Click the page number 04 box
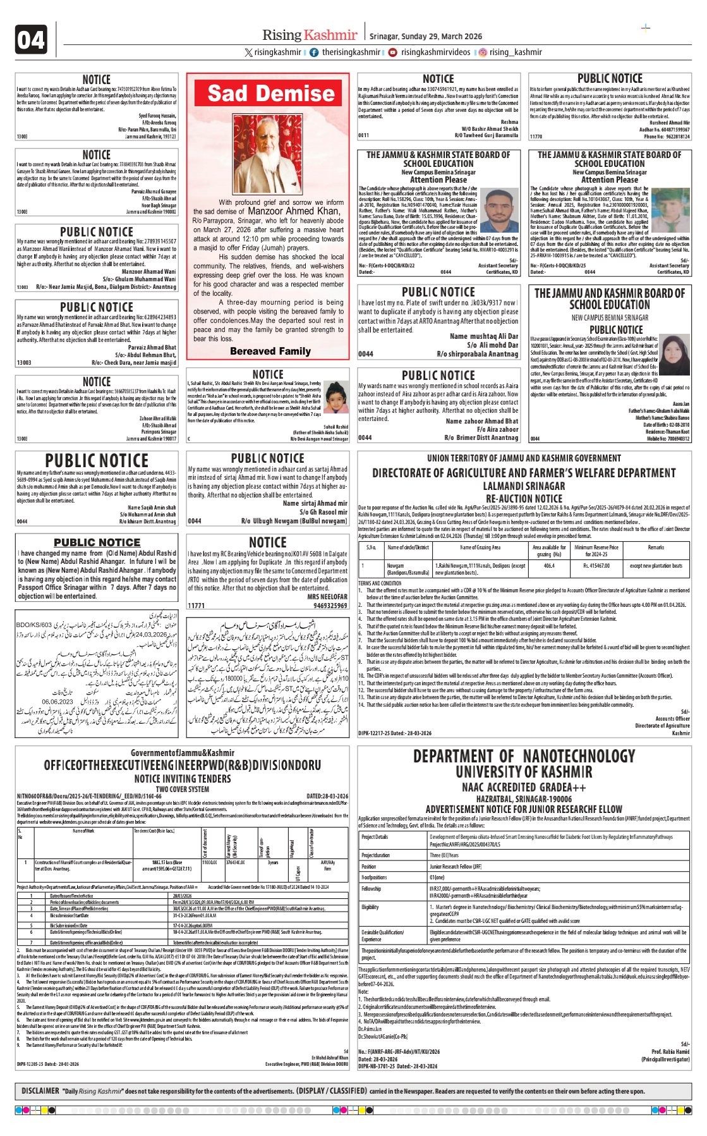[30, 40]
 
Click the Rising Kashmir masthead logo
[310, 35]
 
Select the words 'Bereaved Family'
[270, 351]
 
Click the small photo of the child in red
[335, 396]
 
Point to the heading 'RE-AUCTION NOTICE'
[524, 498]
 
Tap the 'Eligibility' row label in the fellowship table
[370, 907]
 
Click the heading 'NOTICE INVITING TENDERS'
[183, 779]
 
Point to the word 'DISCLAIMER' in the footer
[40, 1090]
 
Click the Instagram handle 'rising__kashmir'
[515, 52]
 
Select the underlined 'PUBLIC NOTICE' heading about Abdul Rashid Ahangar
[97, 542]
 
